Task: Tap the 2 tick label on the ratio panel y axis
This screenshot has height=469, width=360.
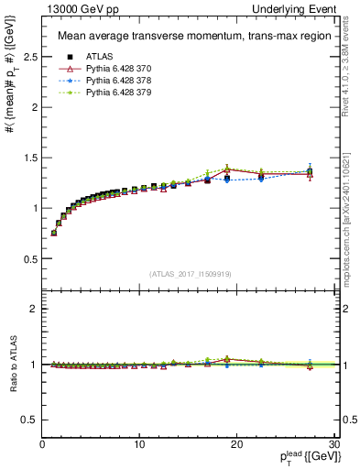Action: coord(32,310)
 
